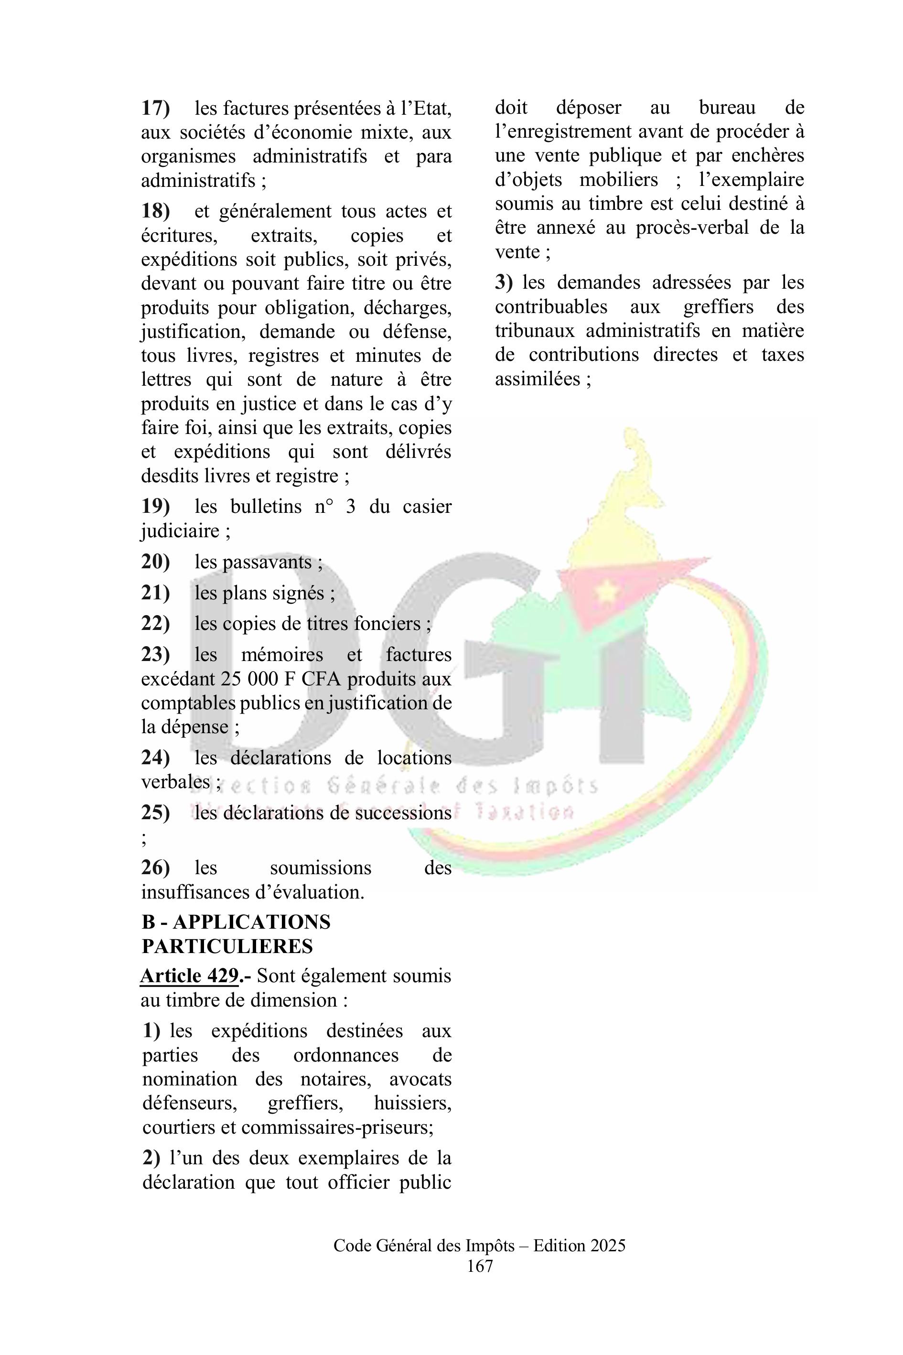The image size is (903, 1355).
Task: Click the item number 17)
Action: point(155,108)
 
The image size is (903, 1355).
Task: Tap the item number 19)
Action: point(155,507)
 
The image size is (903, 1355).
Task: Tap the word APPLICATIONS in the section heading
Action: point(252,922)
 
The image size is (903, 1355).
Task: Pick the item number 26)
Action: point(155,867)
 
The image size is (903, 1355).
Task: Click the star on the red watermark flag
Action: point(605,589)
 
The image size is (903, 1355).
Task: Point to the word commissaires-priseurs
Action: point(337,1127)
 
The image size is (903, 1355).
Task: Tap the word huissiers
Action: point(412,1103)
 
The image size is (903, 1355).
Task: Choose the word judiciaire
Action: point(180,531)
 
